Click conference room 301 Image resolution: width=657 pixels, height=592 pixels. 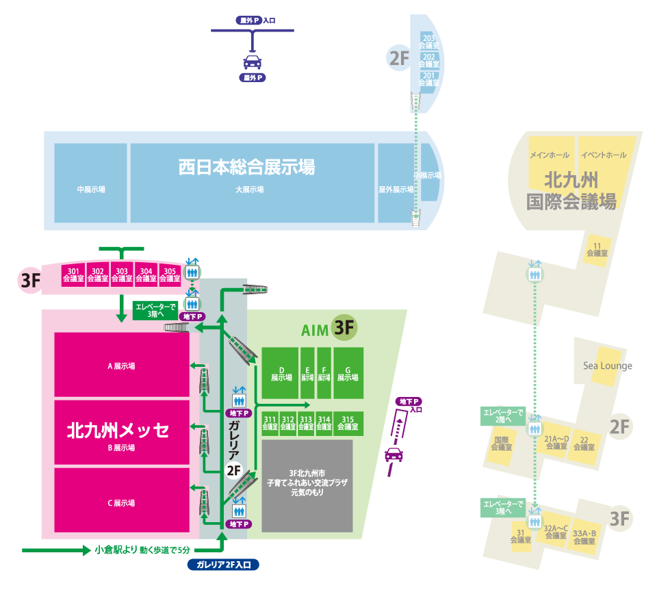[73, 274]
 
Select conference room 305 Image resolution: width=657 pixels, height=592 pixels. [170, 274]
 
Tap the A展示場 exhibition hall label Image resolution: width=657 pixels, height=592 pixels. [121, 366]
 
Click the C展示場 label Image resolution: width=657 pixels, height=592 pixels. [121, 503]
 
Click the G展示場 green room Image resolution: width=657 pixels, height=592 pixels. [348, 373]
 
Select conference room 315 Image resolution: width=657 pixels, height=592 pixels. [348, 423]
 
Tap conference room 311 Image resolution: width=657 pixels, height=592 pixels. [270, 423]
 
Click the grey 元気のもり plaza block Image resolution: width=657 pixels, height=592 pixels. [307, 486]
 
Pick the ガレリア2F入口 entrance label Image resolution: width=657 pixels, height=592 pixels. [223, 565]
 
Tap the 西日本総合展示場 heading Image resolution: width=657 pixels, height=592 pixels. [246, 166]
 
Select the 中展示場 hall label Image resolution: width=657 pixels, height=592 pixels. [91, 190]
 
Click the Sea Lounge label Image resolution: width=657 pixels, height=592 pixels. [608, 365]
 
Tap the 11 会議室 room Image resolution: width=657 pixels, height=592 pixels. [597, 249]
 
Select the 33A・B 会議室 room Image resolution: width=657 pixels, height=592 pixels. [584, 537]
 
